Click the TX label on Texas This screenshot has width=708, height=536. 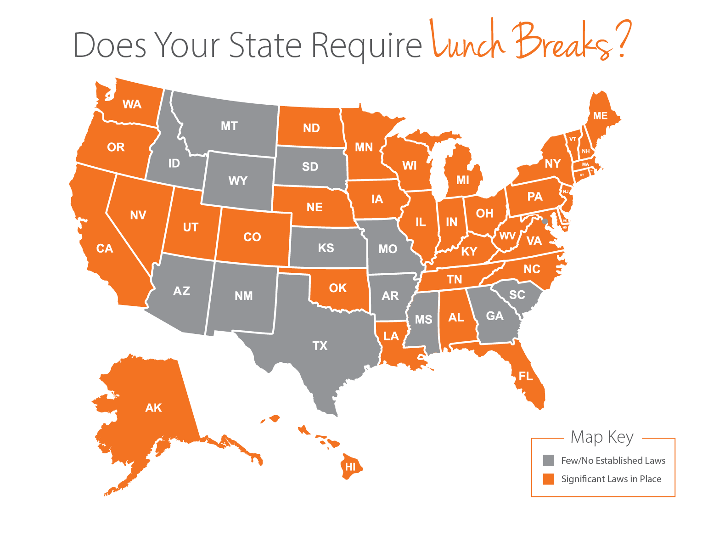tap(320, 346)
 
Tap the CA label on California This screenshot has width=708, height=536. tap(104, 248)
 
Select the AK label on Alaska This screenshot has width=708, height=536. tap(153, 408)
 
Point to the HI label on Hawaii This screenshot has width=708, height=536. tap(350, 467)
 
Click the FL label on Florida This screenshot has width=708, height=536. tap(526, 377)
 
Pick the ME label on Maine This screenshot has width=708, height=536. tap(600, 116)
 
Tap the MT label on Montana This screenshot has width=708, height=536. tap(229, 126)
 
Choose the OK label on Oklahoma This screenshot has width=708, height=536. tap(337, 288)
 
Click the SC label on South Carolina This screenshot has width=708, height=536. tap(517, 295)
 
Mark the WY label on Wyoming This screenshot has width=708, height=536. tap(238, 181)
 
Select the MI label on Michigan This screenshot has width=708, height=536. tap(462, 180)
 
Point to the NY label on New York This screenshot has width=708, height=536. tap(553, 164)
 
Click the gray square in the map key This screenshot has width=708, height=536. tap(548, 460)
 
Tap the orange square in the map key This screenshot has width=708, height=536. tap(548, 479)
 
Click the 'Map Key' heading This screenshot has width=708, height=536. tap(602, 437)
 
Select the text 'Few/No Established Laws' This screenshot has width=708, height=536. tap(613, 461)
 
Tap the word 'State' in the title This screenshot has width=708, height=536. tap(265, 45)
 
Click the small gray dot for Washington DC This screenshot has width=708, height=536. tap(545, 221)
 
